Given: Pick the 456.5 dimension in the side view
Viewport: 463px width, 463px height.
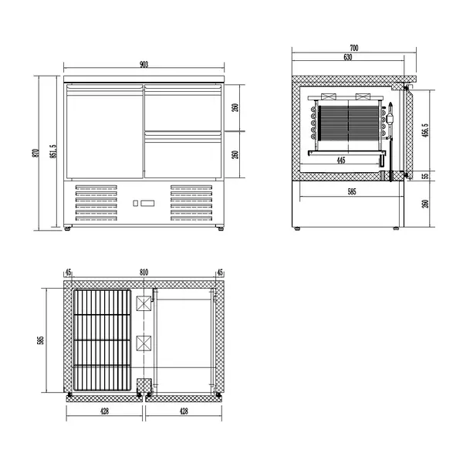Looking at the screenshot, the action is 425,130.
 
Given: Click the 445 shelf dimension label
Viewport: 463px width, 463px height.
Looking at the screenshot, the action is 340,161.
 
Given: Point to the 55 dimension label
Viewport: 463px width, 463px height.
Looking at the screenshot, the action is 425,176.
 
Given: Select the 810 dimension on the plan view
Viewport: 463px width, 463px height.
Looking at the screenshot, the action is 144,273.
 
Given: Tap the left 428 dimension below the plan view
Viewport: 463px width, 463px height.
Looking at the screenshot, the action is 105,412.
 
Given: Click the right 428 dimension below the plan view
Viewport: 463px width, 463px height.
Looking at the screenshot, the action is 184,412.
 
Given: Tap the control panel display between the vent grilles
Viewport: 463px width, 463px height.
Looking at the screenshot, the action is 144,204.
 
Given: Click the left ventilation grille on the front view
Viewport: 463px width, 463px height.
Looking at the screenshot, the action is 98,203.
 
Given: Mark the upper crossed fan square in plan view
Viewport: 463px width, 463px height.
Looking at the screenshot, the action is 144,304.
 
